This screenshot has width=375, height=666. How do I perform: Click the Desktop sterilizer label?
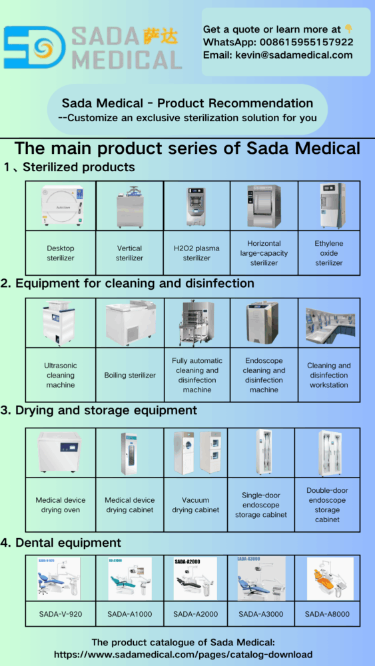[x=61, y=253]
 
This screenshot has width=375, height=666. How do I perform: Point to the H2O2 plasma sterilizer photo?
[x=196, y=206]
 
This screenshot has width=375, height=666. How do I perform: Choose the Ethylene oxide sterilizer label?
[x=329, y=253]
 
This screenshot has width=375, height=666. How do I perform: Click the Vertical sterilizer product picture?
[x=129, y=206]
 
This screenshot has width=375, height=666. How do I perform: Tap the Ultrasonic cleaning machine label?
[x=61, y=375]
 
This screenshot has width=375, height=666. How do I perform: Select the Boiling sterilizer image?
[x=130, y=323]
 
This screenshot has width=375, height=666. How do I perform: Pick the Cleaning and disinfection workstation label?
[x=328, y=375]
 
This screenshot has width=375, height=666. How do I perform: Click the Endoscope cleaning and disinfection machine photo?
[x=264, y=323]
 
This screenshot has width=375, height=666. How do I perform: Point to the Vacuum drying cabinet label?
[x=196, y=505]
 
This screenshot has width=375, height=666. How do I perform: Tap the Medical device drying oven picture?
[x=60, y=453]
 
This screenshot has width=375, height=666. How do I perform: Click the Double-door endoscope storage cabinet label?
[x=328, y=505]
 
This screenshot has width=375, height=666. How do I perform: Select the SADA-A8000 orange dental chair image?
[x=330, y=579]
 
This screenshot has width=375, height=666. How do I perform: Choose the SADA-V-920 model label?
[x=60, y=613]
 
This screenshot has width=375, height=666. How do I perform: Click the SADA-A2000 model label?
[x=195, y=613]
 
